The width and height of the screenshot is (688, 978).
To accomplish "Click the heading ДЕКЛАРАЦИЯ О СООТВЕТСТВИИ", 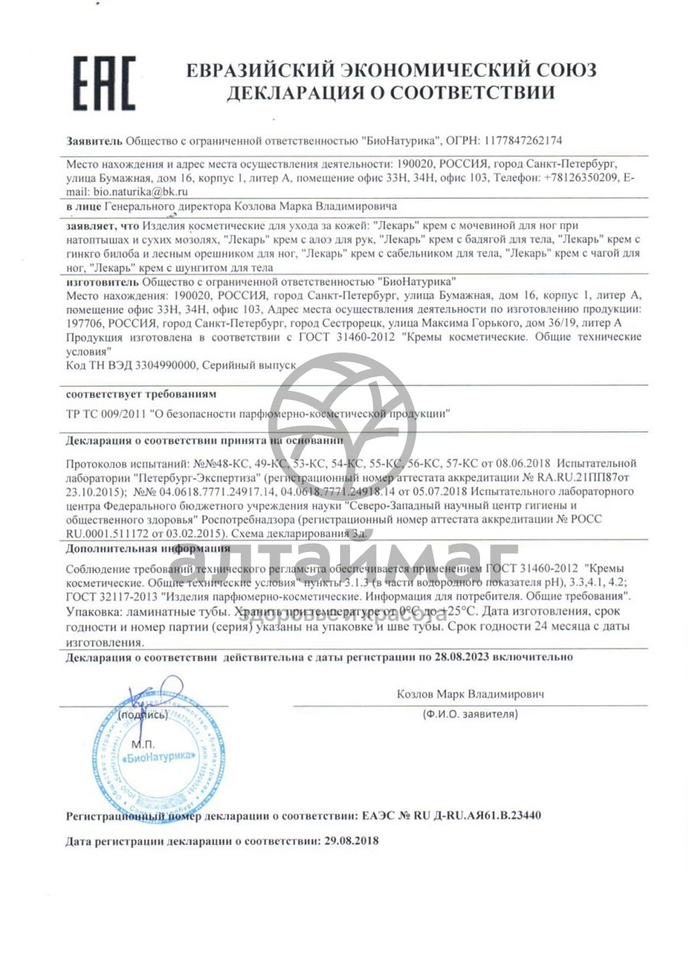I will tap(391, 94).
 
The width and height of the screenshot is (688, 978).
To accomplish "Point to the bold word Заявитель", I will tap(93, 141).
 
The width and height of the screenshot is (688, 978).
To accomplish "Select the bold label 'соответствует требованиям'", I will tap(141, 395).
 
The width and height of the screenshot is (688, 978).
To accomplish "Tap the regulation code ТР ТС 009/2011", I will tap(107, 414).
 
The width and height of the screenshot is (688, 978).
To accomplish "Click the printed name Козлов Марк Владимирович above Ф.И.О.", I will tap(469, 694).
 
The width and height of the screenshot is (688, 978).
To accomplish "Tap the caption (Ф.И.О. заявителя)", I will tap(469, 714).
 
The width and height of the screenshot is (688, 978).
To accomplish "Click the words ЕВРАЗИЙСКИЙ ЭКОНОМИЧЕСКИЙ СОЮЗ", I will tap(391, 70).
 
